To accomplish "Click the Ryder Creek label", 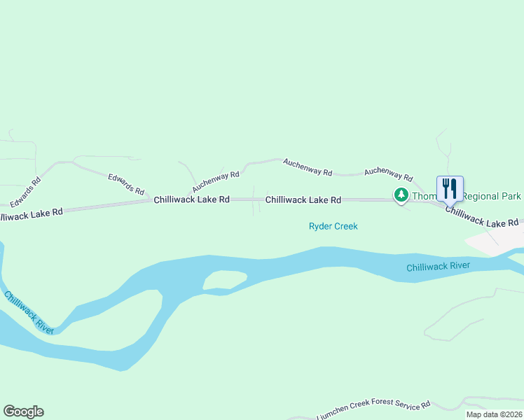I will [333, 226].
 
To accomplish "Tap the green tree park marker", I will [401, 195].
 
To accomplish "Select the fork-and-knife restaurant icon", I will [450, 188].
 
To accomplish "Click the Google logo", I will [23, 412].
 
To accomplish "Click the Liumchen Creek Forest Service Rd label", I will [373, 412].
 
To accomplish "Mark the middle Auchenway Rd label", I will [307, 167].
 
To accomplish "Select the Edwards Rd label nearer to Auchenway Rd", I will [126, 184].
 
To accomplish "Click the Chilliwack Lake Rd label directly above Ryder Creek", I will [303, 200].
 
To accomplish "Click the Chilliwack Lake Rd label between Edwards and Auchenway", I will [192, 199].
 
